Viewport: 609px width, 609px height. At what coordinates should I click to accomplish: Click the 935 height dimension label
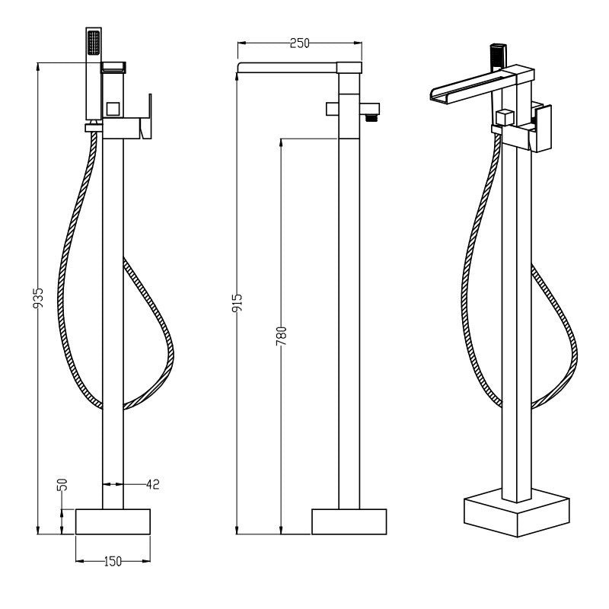(x=38, y=298)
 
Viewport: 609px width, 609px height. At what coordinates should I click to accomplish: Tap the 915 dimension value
(x=237, y=303)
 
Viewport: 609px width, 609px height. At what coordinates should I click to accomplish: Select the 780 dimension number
(x=281, y=336)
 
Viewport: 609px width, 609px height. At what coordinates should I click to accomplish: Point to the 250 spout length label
(x=300, y=43)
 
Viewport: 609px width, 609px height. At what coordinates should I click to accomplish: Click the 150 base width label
(x=113, y=561)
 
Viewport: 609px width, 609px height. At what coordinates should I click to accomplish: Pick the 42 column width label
(x=153, y=484)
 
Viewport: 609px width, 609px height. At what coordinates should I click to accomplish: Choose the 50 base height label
(x=62, y=485)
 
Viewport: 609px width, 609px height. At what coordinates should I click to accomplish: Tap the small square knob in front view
(x=113, y=108)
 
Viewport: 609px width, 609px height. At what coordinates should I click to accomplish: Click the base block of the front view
(x=113, y=521)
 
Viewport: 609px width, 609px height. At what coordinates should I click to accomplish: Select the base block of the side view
(x=349, y=521)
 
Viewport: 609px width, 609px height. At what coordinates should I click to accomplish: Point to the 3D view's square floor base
(x=517, y=512)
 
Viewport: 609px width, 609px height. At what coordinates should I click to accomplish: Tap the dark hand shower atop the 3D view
(x=498, y=58)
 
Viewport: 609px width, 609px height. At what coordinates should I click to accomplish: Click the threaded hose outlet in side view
(x=371, y=117)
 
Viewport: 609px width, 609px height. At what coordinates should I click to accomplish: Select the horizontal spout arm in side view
(x=299, y=68)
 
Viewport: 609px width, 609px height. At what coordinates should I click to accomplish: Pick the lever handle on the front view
(x=145, y=116)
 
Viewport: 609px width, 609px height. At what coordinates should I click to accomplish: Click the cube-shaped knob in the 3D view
(x=505, y=118)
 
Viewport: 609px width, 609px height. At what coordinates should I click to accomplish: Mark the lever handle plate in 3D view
(x=544, y=129)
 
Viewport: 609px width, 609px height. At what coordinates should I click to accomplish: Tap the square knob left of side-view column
(x=332, y=109)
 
